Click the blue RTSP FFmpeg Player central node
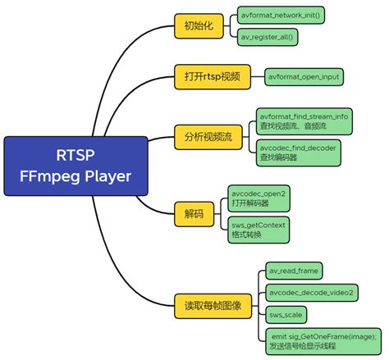coord(70,167)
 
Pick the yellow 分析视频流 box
coord(204,136)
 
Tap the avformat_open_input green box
coord(303,76)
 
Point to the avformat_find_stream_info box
coord(304,121)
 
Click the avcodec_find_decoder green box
coord(299,152)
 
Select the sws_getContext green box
coord(259,229)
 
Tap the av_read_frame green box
coord(293,270)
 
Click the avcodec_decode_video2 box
coord(311,293)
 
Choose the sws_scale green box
coord(286,315)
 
